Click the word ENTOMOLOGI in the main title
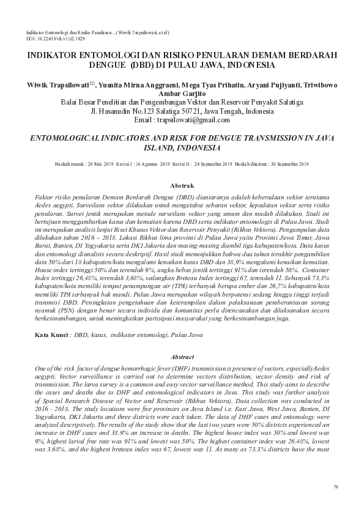(x=97, y=54)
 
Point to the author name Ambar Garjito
(x=181, y=92)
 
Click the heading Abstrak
(x=182, y=185)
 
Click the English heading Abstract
(x=182, y=357)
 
